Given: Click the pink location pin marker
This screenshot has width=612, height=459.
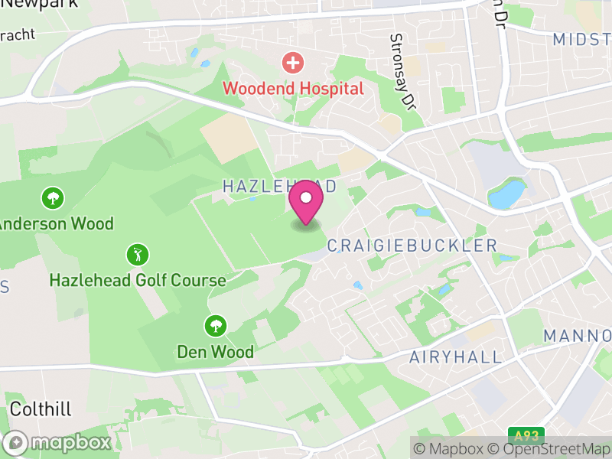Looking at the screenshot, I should (306, 200).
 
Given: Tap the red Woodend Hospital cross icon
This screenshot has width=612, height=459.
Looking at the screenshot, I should (292, 62).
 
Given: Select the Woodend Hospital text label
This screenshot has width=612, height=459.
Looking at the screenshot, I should (293, 89).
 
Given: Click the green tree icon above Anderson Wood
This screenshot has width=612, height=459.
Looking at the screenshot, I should (52, 199).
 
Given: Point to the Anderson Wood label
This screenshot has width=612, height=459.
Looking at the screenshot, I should (55, 224).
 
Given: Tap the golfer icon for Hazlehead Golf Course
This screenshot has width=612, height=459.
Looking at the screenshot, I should (138, 255).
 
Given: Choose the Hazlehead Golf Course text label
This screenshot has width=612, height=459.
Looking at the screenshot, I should (138, 280).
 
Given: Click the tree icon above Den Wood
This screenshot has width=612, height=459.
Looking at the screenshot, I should (215, 327).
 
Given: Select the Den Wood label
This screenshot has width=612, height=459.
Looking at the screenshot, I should (215, 352).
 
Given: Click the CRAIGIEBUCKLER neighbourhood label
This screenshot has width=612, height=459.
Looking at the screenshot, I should (412, 246).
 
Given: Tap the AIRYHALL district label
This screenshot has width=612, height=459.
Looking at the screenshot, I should (455, 357).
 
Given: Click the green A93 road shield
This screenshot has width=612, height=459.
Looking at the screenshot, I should (526, 436).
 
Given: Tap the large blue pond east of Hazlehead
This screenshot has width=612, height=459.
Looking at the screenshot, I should (507, 194).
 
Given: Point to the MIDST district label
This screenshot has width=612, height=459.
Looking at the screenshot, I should (581, 39).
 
